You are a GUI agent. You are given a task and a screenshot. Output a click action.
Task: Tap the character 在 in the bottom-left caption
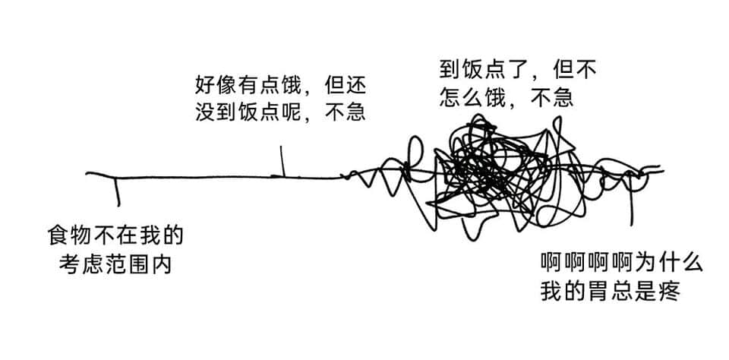127,236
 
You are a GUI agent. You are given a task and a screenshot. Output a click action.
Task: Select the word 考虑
80,264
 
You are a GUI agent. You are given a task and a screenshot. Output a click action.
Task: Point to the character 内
161,264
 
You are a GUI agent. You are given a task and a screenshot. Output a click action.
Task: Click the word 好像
216,85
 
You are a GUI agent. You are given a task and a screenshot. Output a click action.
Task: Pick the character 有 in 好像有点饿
249,85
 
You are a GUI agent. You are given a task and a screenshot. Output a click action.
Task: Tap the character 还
355,85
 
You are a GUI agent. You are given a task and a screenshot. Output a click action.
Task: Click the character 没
206,112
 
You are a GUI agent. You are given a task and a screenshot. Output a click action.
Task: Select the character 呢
291,112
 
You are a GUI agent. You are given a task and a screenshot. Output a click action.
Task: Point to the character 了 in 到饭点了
515,70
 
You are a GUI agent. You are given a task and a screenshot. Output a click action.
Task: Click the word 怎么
461,98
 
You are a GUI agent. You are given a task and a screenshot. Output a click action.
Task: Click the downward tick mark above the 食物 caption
117,191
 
